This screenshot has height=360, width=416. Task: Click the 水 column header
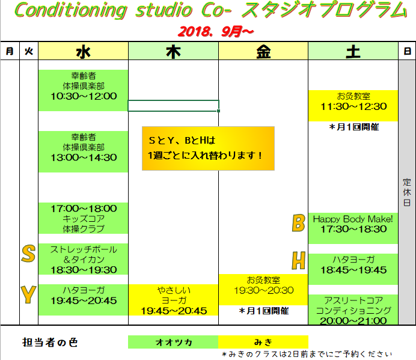pyautogui.click(x=84, y=51)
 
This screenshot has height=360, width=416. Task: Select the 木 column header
pyautogui.click(x=173, y=51)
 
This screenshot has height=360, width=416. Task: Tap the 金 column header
pyautogui.click(x=263, y=51)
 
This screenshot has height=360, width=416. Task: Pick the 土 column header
pyautogui.click(x=353, y=51)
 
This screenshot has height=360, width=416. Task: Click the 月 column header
pyautogui.click(x=10, y=51)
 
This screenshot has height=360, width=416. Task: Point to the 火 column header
pyautogui.click(x=29, y=51)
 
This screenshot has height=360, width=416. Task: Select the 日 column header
pyautogui.click(x=407, y=51)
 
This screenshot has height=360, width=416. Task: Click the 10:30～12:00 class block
pyautogui.click(x=84, y=91)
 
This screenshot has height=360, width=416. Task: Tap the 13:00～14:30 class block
pyautogui.click(x=84, y=151)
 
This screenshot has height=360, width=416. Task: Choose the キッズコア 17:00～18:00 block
pyautogui.click(x=84, y=218)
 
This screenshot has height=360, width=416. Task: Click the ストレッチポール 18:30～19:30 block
pyautogui.click(x=84, y=259)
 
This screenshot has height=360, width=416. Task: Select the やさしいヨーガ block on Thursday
pyautogui.click(x=173, y=300)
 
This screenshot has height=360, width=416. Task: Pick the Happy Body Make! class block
pyautogui.click(x=353, y=228)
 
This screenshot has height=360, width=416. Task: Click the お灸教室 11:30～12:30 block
pyautogui.click(x=353, y=106)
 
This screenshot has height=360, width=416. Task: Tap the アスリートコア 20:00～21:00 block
pyautogui.click(x=353, y=310)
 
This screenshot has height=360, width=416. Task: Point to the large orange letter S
pyautogui.click(x=28, y=254)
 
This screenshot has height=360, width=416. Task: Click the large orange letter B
pyautogui.click(x=298, y=223)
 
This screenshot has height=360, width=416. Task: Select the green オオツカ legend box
pyautogui.click(x=173, y=342)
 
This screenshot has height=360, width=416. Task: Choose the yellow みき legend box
pyautogui.click(x=263, y=342)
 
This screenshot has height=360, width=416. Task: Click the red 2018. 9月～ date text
pyautogui.click(x=216, y=32)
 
